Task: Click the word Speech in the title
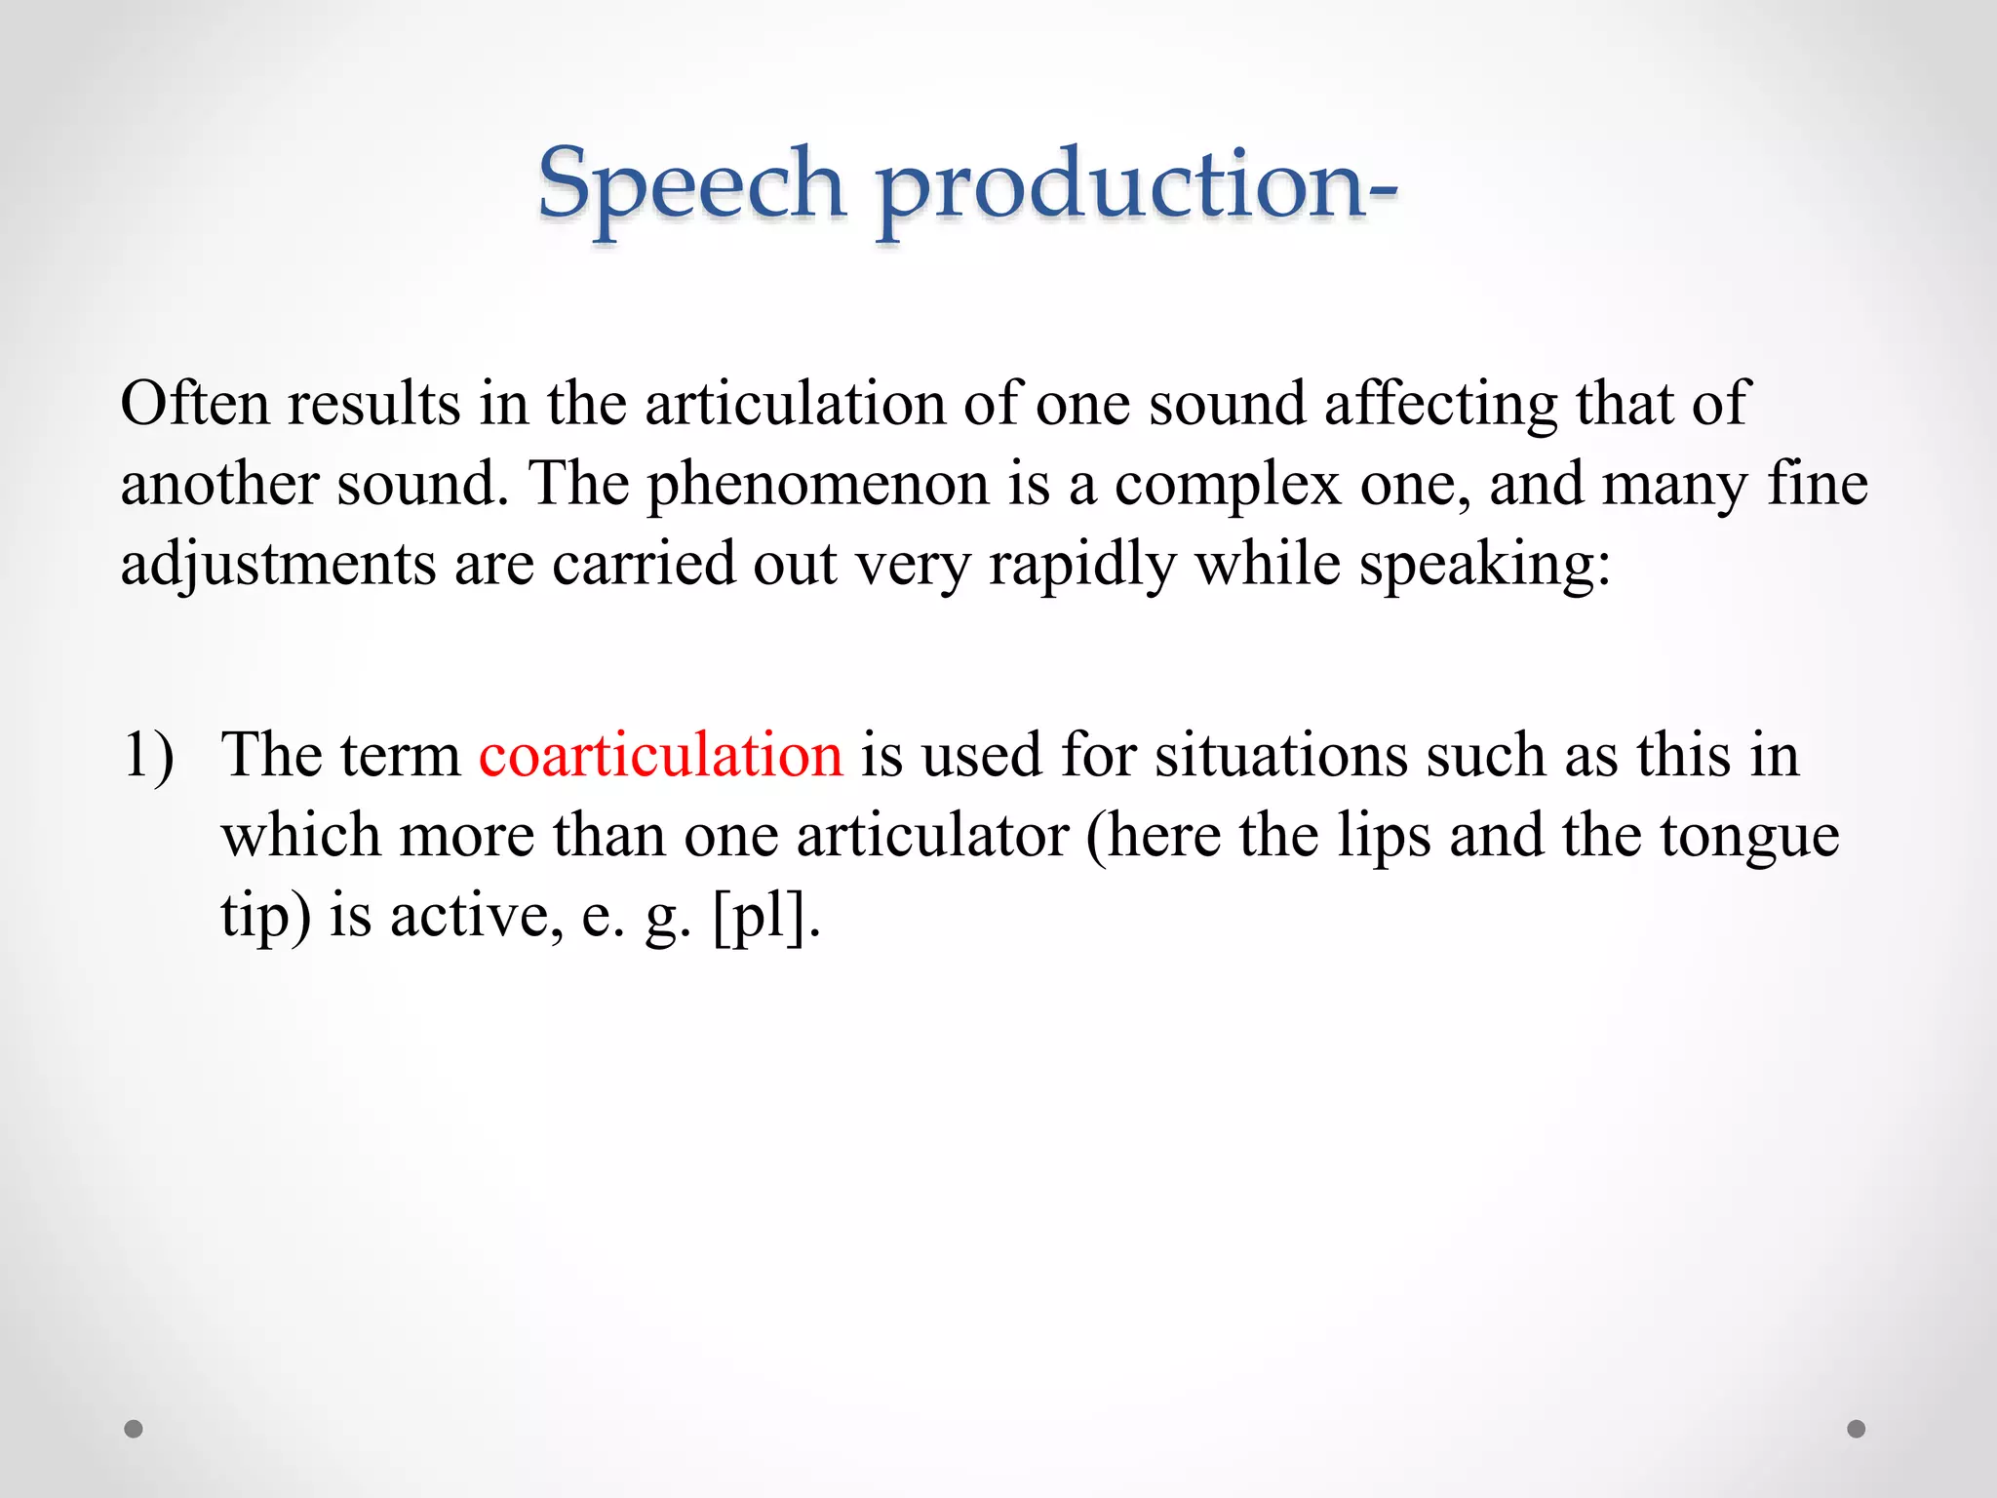690,185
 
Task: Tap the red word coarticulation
660,755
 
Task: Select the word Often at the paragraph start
194,403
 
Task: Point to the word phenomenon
818,485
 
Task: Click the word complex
1228,485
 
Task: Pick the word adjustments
278,566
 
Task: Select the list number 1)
148,755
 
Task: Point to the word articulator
932,836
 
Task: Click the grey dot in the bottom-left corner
134,1429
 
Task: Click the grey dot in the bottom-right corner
1857,1429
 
